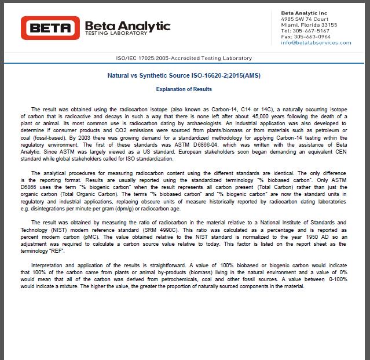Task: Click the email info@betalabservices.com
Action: (x=316, y=42)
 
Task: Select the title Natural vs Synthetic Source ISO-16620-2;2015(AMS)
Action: (x=184, y=75)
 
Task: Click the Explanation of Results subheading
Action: (x=184, y=89)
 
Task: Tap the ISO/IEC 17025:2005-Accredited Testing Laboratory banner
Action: (x=184, y=59)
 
